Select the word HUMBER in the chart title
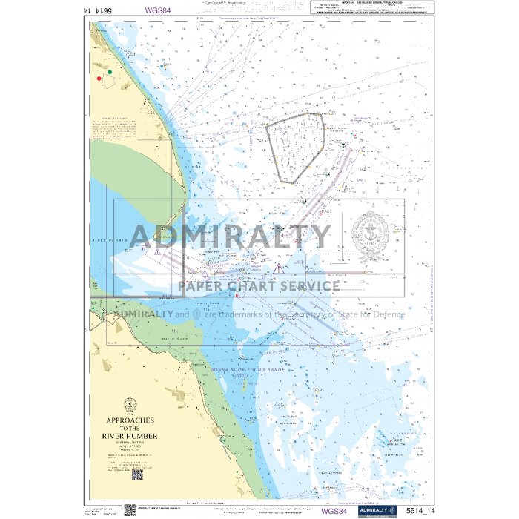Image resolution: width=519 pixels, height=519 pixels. tap(145, 436)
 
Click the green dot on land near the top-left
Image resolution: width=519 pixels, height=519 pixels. tap(110, 72)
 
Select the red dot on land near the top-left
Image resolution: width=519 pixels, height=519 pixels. tap(99, 77)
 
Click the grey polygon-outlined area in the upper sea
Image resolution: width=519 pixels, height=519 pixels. tap(295, 147)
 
